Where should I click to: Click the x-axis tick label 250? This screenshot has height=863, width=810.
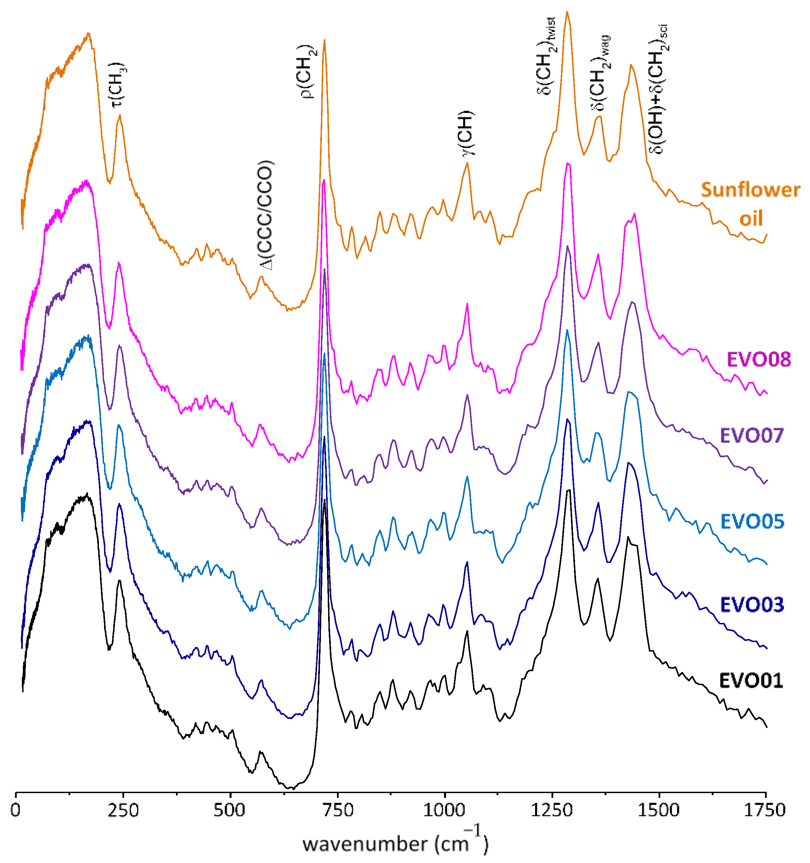pyautogui.click(x=123, y=810)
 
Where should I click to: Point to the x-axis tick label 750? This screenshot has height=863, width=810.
pyautogui.click(x=337, y=810)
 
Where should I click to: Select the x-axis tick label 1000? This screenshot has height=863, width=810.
pyautogui.click(x=444, y=810)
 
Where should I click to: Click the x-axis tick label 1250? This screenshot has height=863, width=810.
pyautogui.click(x=551, y=810)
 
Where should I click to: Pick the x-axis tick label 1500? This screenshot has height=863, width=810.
pyautogui.click(x=659, y=810)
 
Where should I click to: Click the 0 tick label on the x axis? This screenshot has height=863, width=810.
pyautogui.click(x=16, y=810)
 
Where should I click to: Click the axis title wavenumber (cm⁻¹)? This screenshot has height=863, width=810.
pyautogui.click(x=395, y=843)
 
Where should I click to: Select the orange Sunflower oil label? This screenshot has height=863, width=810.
pyautogui.click(x=751, y=204)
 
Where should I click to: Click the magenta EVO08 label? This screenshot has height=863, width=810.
pyautogui.click(x=759, y=359)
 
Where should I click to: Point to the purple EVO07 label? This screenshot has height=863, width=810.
pyautogui.click(x=752, y=435)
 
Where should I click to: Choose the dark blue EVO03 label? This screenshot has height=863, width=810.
pyautogui.click(x=752, y=605)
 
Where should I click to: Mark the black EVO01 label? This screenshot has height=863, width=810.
pyautogui.click(x=751, y=681)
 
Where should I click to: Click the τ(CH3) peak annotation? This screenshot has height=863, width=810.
pyautogui.click(x=118, y=84)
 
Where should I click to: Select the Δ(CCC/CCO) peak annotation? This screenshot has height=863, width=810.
pyautogui.click(x=265, y=215)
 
